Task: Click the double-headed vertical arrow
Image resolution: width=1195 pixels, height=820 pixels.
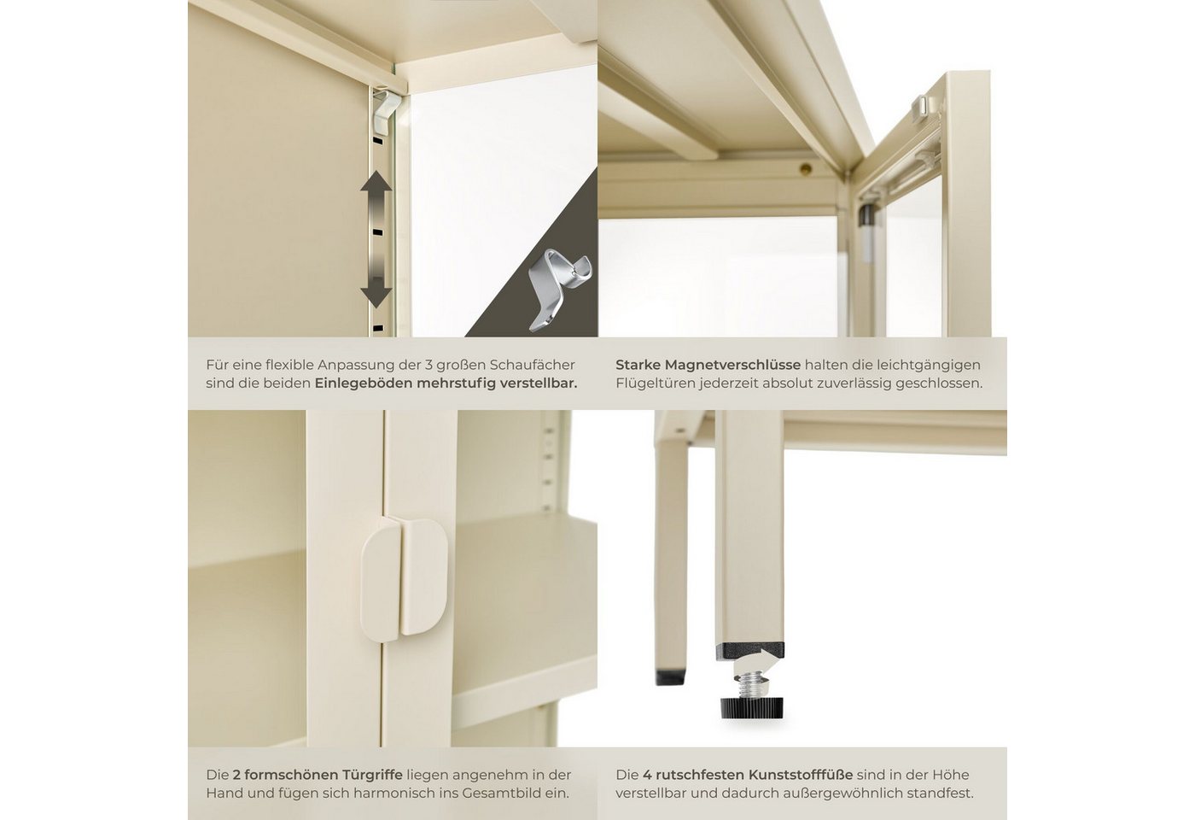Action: (376, 239)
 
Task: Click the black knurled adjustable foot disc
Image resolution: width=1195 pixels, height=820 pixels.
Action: (752, 707)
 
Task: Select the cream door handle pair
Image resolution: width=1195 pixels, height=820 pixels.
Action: (404, 580)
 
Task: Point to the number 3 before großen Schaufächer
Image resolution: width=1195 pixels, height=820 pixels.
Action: (428, 366)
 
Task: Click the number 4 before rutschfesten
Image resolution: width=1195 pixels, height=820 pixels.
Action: (647, 775)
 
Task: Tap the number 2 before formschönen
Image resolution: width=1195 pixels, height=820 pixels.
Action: (237, 775)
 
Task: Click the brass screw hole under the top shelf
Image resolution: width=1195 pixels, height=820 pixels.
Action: (807, 169)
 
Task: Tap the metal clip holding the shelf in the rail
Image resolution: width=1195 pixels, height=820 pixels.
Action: (386, 110)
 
